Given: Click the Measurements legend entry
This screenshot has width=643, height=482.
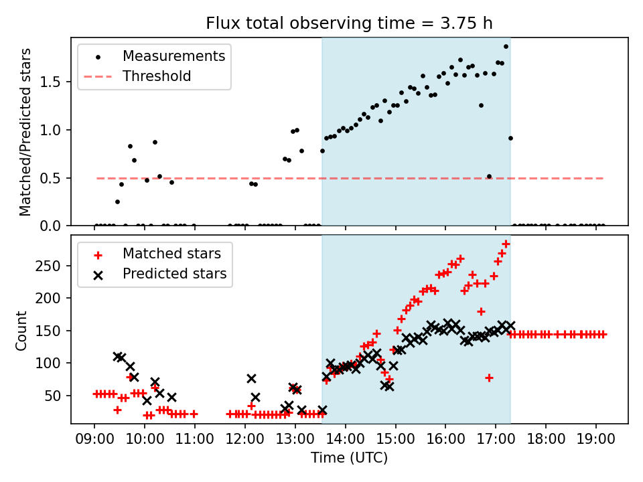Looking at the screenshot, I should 173,56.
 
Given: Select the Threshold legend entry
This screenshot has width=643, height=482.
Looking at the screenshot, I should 157,76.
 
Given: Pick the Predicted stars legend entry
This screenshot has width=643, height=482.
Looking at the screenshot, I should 174,274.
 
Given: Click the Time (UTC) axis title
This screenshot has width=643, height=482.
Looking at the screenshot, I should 349,458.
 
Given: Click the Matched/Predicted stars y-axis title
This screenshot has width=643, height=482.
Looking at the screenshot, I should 25,132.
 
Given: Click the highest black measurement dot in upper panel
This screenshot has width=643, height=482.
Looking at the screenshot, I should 506,46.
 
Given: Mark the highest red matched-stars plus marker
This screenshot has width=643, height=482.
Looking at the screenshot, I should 506,244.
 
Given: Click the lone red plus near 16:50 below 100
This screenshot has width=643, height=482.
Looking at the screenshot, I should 489,378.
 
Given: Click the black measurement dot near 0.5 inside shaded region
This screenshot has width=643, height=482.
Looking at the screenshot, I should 489,176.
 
